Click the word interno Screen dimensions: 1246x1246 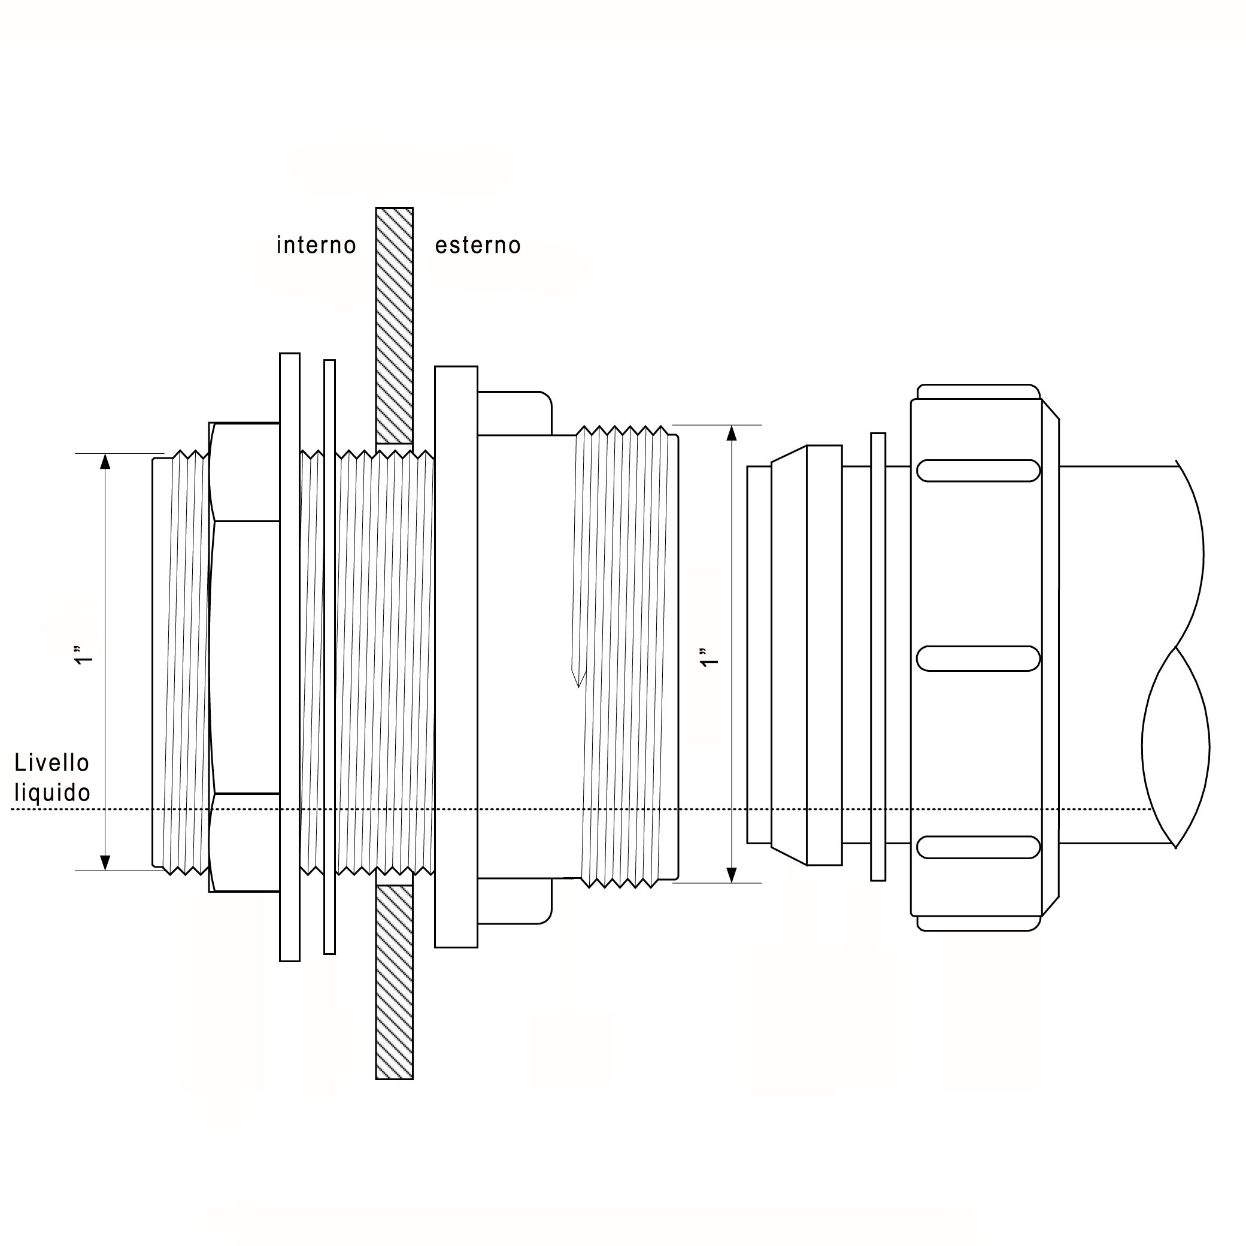316,245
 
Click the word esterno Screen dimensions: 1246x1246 478,245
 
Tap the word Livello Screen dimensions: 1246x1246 51,763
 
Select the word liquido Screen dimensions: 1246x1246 52,793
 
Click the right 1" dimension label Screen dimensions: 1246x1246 709,657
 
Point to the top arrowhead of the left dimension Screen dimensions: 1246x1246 106,461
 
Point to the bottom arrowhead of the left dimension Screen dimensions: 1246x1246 106,862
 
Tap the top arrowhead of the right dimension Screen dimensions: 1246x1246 731,433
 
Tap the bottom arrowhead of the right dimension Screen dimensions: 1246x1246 731,875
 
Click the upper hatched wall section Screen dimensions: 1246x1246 394,325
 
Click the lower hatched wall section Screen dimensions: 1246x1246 394,982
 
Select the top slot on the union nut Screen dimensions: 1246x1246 978,471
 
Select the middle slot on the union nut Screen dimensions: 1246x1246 978,659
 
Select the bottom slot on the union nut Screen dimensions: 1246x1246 978,847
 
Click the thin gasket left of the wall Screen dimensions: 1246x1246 329,657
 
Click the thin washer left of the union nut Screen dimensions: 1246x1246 878,657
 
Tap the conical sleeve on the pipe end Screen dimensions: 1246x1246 789,654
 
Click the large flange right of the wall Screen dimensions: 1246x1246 456,657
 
